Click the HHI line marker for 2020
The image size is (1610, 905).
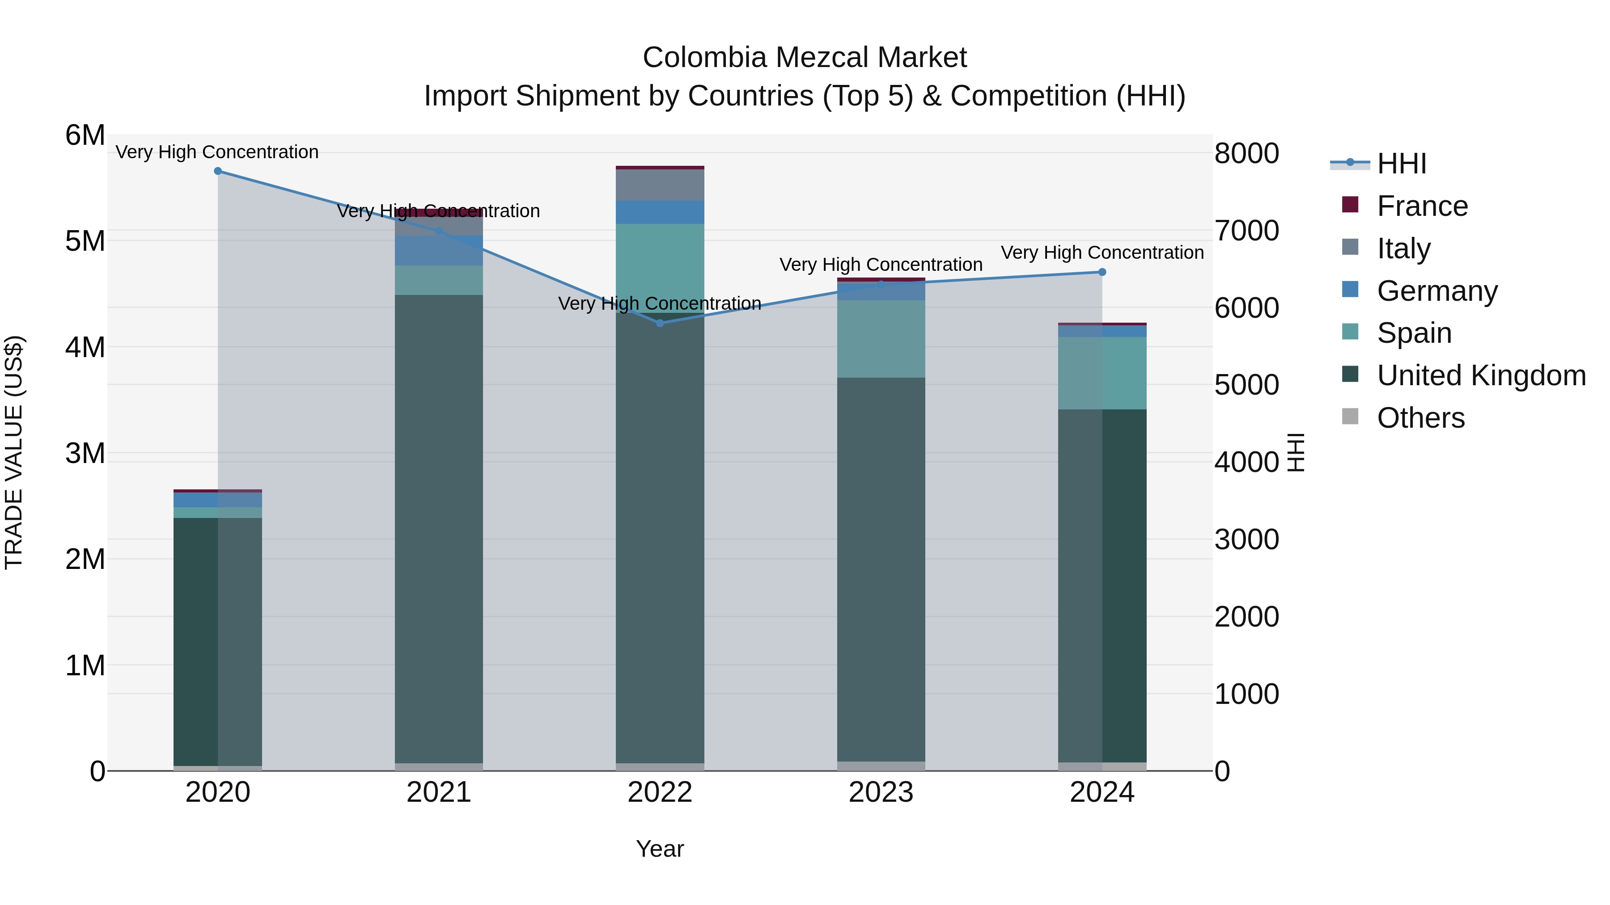[x=217, y=171]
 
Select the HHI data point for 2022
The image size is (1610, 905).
[x=660, y=323]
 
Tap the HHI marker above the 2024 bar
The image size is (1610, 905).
[x=1102, y=272]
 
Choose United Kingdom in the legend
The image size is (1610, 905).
[x=1481, y=376]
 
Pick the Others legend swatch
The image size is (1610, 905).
[x=1350, y=417]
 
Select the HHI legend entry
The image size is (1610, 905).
[x=1401, y=164]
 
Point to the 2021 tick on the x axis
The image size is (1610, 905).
[x=439, y=792]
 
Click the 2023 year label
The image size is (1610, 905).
[x=881, y=792]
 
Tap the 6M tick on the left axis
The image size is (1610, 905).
[x=85, y=135]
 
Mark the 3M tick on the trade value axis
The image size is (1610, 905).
[x=85, y=454]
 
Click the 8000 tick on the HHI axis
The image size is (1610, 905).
[x=1246, y=154]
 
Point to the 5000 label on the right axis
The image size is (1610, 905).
[x=1246, y=385]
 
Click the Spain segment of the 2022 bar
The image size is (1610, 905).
[x=660, y=267]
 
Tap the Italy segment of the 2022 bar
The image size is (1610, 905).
[x=660, y=185]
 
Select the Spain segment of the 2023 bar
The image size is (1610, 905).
[x=881, y=339]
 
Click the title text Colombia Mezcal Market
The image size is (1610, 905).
[x=805, y=58]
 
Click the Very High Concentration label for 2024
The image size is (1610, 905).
[x=1102, y=253]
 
